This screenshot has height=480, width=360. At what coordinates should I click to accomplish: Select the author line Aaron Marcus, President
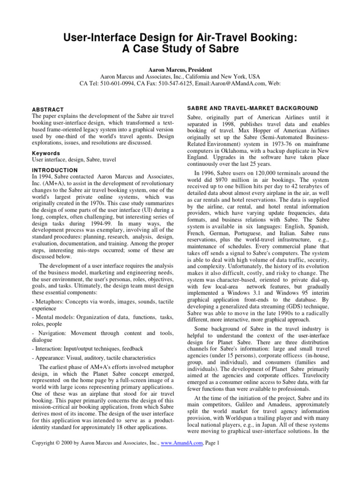(180, 68)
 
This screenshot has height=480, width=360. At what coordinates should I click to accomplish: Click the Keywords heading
(45, 153)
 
